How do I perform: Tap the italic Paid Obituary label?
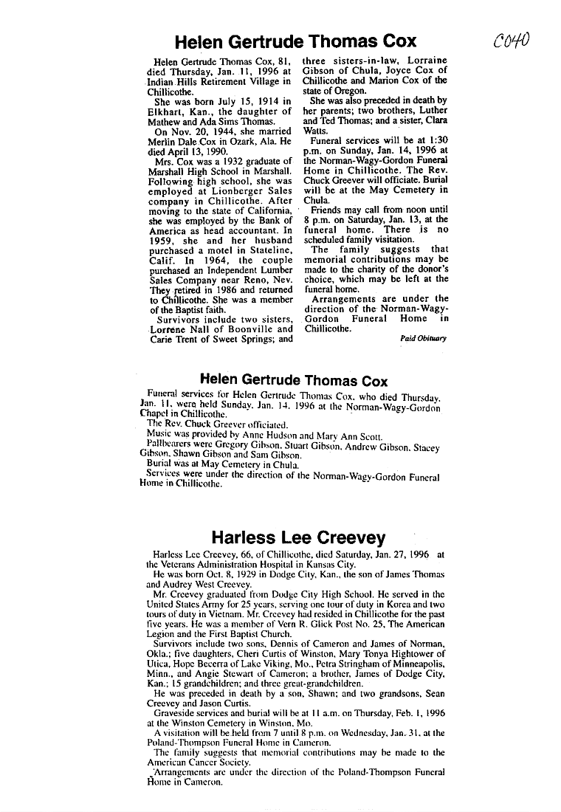tap(424, 337)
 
